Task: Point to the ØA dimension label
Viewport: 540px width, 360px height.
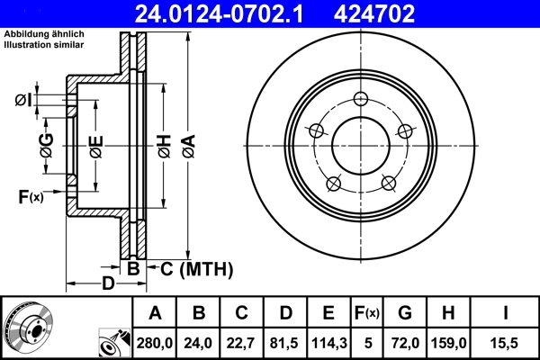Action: tap(188, 146)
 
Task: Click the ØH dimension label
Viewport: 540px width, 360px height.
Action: tap(164, 146)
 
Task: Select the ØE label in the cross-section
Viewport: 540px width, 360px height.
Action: tap(95, 146)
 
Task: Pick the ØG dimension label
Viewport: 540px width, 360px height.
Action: tap(46, 145)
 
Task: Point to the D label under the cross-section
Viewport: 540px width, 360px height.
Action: tap(107, 285)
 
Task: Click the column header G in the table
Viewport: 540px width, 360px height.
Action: tap(404, 313)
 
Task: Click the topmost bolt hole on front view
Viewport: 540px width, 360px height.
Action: tap(361, 99)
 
